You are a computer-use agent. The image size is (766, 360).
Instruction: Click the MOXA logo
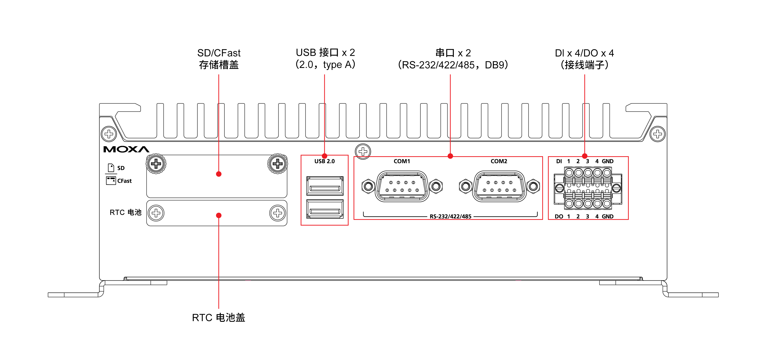(x=126, y=149)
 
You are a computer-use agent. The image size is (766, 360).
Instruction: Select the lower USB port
(x=325, y=209)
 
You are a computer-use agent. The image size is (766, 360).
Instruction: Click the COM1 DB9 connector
(x=402, y=186)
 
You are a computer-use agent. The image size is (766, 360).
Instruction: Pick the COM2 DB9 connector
(x=499, y=186)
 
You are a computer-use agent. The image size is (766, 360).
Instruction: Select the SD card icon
(x=111, y=168)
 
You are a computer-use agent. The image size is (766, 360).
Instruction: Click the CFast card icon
(x=111, y=180)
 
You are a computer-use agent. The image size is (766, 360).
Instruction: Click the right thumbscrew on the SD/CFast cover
(x=277, y=164)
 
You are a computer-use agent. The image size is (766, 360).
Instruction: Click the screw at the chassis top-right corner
(x=657, y=134)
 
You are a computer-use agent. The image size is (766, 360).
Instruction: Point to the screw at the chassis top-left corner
(x=109, y=134)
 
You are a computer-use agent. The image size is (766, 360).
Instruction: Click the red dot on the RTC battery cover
(x=219, y=215)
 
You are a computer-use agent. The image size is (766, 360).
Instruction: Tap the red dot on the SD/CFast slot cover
(x=219, y=174)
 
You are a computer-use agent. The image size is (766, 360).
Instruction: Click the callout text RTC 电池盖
(x=219, y=317)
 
